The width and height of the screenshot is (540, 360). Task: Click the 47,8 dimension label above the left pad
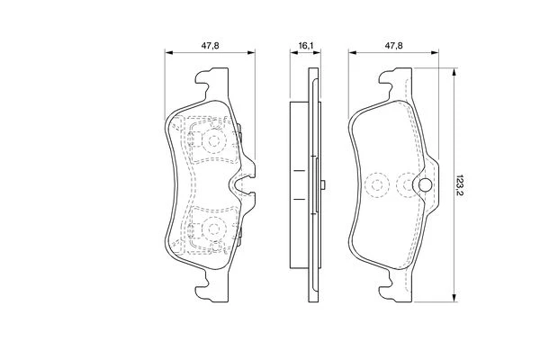[x=211, y=46]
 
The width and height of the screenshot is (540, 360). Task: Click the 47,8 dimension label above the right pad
[x=393, y=46]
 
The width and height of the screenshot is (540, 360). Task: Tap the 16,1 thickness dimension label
[x=305, y=46]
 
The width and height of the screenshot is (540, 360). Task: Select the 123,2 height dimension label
[x=461, y=185]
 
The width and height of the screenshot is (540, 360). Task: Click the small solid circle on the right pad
[x=426, y=185]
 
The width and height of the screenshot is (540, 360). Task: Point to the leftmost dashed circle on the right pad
[x=377, y=185]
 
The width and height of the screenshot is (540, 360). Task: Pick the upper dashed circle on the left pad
[x=214, y=140]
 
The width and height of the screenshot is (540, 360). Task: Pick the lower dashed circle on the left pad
[x=214, y=228]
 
